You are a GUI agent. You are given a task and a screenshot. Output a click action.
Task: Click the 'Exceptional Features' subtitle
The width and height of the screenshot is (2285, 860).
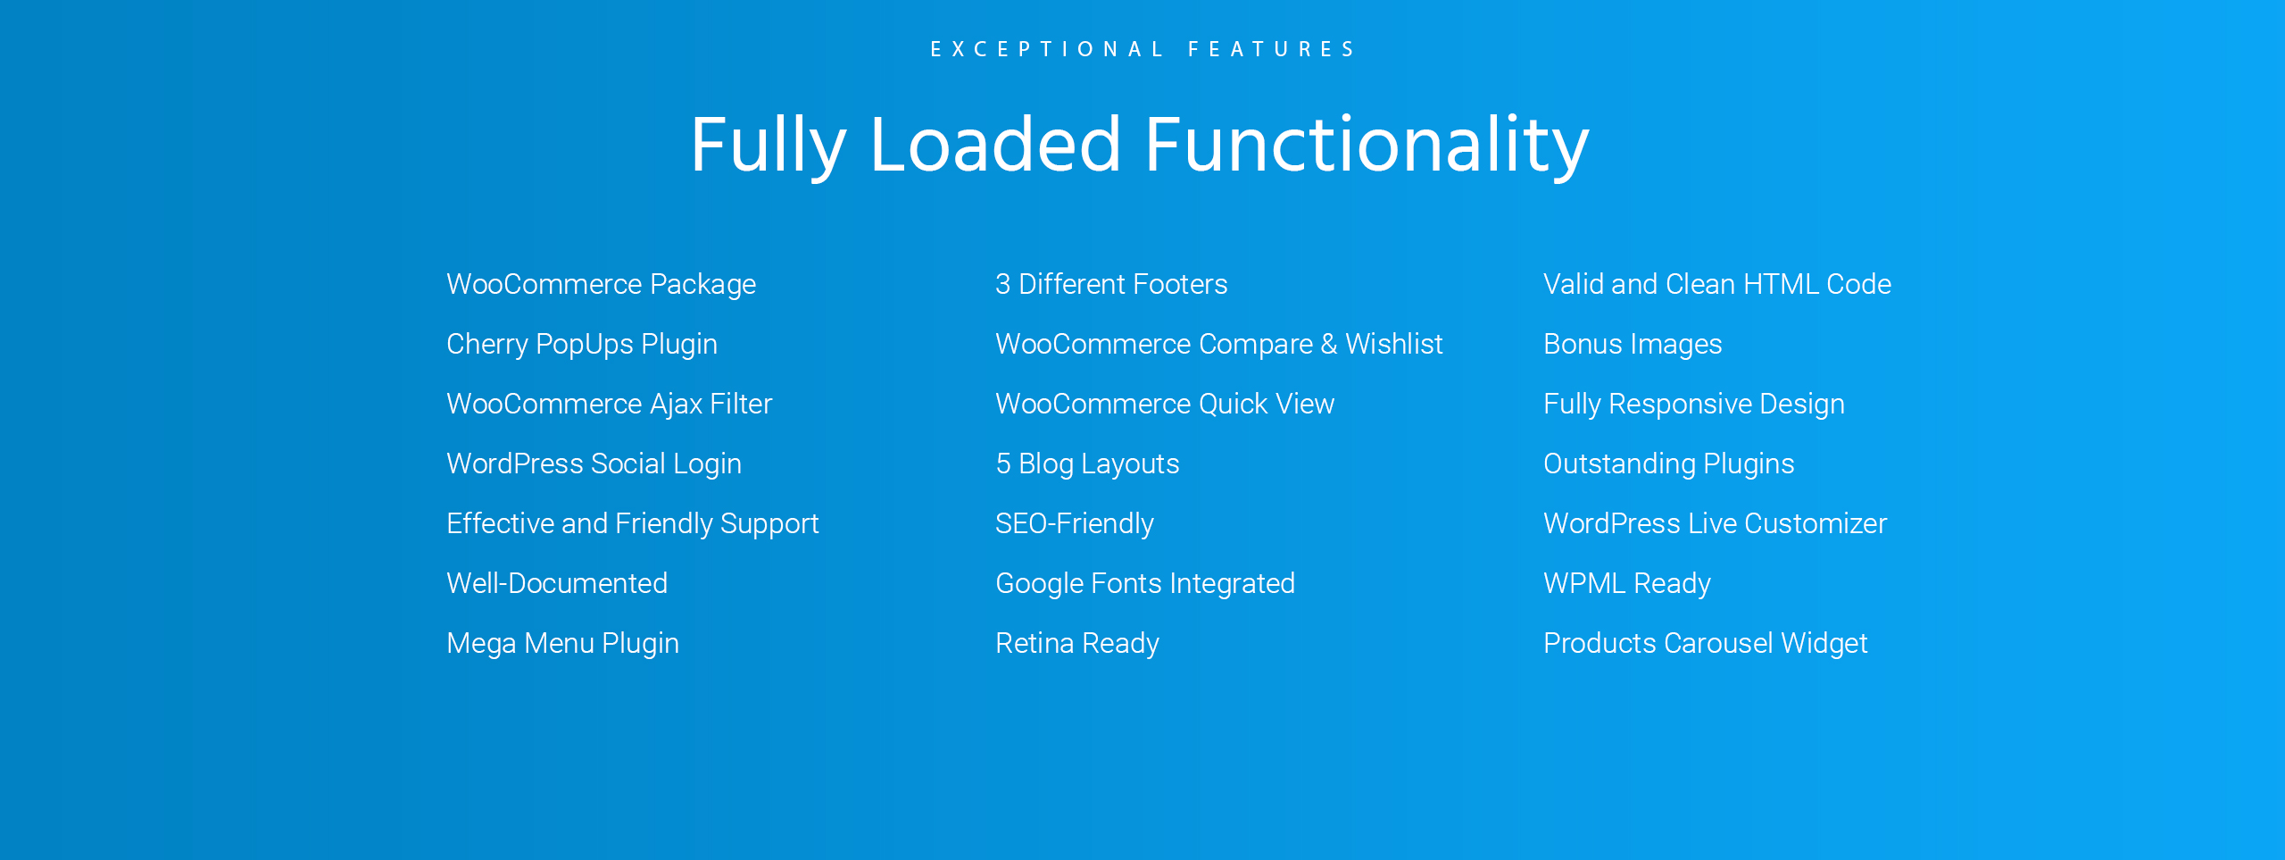1142,49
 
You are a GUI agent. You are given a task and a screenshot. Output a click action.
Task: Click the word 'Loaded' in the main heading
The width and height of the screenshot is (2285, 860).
994,145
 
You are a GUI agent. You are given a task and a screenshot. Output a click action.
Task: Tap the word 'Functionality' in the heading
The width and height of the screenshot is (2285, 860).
1367,145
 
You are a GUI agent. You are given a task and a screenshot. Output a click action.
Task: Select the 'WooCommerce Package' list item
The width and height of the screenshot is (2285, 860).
602,284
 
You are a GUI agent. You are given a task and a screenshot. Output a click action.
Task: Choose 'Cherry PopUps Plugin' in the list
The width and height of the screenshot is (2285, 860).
582,344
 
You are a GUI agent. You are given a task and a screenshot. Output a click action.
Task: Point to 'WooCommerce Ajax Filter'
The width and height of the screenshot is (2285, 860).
610,404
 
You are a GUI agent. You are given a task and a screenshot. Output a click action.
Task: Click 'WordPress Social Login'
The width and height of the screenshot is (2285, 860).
594,463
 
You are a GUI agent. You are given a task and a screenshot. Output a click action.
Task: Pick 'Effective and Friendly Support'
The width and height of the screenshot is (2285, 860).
633,523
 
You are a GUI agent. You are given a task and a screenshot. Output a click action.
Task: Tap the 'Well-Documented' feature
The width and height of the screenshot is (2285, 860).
557,583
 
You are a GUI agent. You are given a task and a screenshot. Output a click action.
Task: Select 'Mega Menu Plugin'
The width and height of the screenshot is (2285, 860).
563,643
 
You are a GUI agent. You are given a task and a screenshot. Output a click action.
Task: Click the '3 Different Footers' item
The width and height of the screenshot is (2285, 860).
1111,284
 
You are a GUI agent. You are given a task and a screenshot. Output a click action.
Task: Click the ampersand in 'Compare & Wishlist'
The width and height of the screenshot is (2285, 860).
1329,344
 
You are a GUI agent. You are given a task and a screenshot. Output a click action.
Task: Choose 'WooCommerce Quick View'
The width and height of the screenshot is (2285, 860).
1165,404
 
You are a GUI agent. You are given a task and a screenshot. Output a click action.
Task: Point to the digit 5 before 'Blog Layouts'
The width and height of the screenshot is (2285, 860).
1003,463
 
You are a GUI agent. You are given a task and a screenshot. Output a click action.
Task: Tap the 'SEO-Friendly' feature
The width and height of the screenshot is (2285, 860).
1075,523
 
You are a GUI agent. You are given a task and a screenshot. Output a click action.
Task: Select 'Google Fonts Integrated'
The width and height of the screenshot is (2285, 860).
1145,583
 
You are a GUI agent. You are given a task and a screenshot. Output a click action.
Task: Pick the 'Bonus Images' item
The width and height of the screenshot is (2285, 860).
1633,344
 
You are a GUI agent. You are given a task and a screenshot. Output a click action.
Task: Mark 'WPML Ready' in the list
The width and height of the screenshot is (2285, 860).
1627,583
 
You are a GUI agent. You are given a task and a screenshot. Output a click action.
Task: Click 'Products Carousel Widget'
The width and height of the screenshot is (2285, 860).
1706,643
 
